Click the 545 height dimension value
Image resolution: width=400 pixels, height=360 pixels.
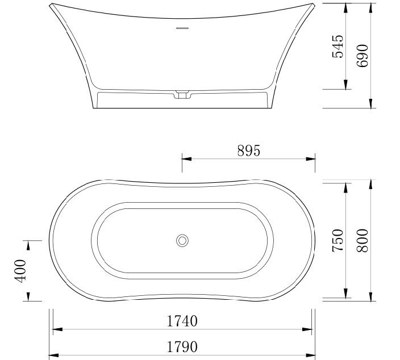point(338,47)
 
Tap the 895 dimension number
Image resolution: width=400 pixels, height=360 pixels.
point(248,150)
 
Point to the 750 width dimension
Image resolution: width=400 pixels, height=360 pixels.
point(338,240)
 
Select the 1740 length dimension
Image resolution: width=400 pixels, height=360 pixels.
point(182,321)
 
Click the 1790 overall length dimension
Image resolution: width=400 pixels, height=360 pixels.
point(182,346)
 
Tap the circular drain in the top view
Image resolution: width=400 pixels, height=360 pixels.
point(182,240)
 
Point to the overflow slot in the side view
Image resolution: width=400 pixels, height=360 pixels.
point(182,27)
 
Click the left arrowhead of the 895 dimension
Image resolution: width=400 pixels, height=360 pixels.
point(185,159)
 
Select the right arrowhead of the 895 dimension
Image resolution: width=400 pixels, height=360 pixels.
point(312,159)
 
